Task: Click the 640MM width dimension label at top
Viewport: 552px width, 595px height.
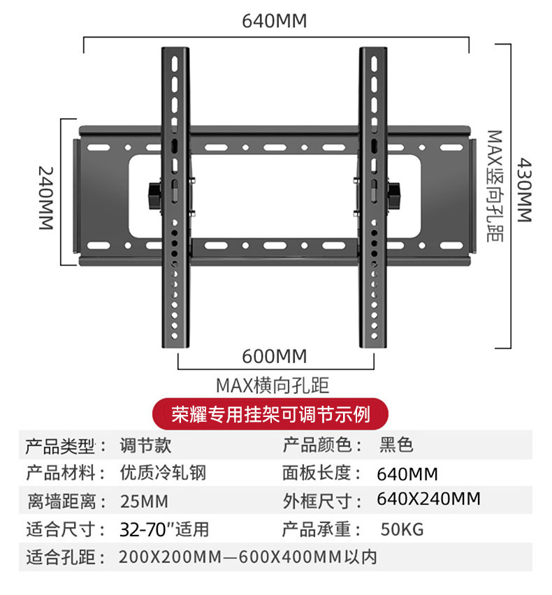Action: tap(275, 20)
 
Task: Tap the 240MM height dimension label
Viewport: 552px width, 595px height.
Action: tap(45, 198)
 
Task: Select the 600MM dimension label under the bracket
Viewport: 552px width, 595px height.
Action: tap(275, 356)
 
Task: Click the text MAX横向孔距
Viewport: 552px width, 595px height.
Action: tap(273, 385)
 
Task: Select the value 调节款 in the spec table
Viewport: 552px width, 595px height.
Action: tap(145, 445)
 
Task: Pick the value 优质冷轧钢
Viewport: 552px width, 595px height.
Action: tap(164, 473)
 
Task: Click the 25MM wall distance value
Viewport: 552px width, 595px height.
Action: tap(144, 501)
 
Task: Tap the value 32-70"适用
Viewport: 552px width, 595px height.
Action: tap(164, 529)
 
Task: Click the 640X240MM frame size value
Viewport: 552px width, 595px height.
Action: tap(428, 499)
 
